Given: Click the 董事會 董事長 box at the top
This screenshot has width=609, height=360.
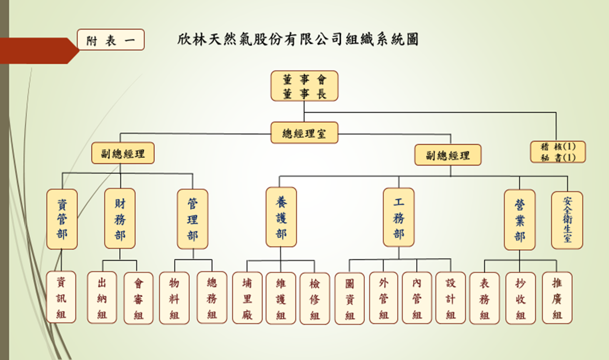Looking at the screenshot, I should (304, 86).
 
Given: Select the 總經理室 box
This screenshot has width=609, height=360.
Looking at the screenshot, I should (304, 133).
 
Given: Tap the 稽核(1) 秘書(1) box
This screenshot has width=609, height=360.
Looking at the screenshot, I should (557, 152).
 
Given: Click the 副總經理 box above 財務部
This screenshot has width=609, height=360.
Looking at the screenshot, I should (123, 153).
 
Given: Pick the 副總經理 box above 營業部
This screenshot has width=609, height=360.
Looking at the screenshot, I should (447, 155).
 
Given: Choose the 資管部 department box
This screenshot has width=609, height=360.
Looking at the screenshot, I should (62, 219).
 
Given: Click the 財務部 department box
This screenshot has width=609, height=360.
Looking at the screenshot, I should (120, 218).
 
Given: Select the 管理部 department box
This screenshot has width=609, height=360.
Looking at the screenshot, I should (192, 219).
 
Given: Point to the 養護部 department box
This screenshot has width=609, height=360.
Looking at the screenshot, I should (281, 217).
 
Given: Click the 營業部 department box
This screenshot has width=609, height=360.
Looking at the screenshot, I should (520, 219).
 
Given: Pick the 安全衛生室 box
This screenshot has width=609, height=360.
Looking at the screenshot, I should (567, 220).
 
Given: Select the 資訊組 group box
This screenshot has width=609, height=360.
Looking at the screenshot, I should (61, 297).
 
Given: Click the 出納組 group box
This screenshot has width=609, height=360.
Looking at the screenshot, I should (102, 297).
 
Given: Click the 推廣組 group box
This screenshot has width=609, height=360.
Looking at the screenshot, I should (557, 297).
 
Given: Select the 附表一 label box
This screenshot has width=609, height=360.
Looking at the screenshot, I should (111, 40).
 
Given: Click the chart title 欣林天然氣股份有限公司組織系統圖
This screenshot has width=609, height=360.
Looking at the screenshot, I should (298, 39).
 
